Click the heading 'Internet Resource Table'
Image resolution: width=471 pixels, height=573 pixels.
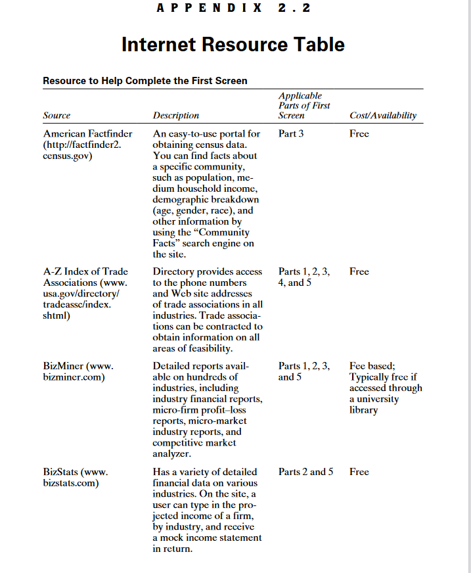[x=233, y=45]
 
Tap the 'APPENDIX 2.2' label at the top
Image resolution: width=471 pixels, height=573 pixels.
[x=234, y=8]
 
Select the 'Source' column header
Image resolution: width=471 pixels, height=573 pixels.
[x=56, y=116]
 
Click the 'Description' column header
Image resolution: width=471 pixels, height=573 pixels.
[x=176, y=116]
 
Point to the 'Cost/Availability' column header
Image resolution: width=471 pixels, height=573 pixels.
[x=383, y=116]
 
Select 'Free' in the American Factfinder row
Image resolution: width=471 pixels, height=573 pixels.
[x=359, y=134]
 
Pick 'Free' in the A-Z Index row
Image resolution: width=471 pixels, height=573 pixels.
[x=359, y=271]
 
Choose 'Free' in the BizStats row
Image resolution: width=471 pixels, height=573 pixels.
[x=359, y=472]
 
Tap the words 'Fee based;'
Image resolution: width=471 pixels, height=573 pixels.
[x=372, y=366]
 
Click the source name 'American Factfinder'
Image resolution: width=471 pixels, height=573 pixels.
[x=87, y=134]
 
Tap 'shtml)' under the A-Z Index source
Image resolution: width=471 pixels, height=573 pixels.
[x=57, y=315]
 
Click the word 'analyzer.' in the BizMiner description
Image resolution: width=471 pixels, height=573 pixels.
[x=171, y=454]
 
